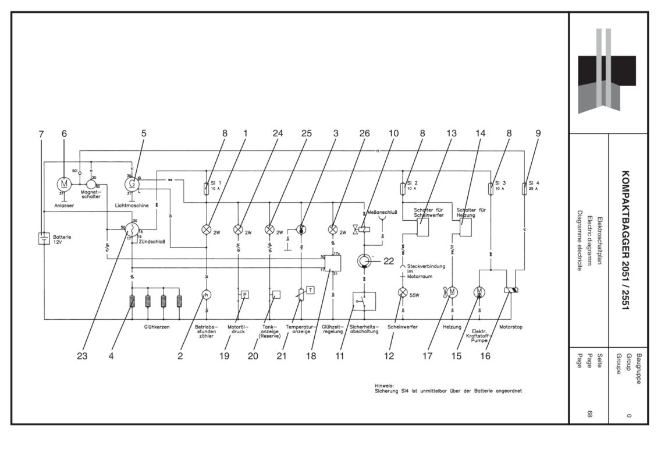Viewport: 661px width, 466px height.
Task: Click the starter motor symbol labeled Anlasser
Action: [63, 183]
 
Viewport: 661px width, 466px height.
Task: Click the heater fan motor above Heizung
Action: [452, 292]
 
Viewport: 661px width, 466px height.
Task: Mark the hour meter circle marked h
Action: [205, 295]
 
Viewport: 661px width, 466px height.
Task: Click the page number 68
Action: [590, 414]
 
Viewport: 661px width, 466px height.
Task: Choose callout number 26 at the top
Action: [364, 133]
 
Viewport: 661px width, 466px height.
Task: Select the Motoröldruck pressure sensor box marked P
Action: [245, 294]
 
